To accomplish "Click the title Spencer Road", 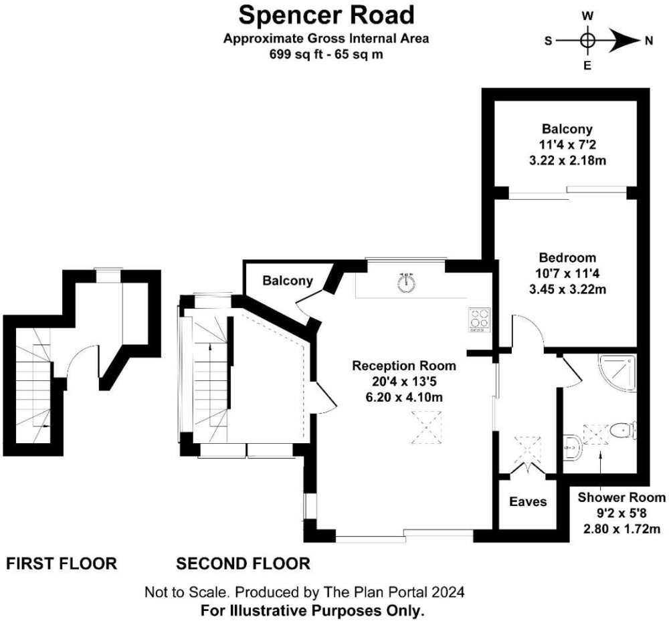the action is coord(326,15).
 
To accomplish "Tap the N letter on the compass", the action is coord(648,41).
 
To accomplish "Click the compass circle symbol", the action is coord(587,41).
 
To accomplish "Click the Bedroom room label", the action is coord(567,257).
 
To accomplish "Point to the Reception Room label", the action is coord(403,366).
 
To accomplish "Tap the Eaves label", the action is coord(528,501).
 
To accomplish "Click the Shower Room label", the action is coord(622,497).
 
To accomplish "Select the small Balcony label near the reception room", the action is coord(288,281).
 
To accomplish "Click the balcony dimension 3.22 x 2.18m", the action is coord(567,160).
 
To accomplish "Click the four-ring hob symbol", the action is coord(478,320).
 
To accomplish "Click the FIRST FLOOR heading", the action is coord(62,564).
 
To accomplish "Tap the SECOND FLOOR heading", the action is coord(244,564).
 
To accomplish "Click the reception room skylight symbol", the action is coord(426,428).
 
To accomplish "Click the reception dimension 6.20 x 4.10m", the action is coord(404,397).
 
